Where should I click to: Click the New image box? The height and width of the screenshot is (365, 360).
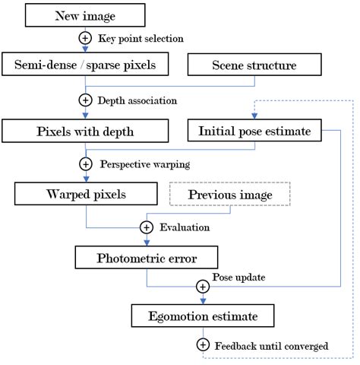[84, 15]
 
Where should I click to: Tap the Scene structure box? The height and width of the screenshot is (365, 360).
[254, 65]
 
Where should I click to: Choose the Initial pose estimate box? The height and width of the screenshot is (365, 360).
[254, 132]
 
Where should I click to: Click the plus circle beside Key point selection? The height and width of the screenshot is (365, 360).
[85, 37]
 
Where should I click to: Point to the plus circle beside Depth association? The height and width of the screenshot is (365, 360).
[85, 100]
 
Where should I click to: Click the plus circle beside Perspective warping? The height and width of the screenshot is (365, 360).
[85, 163]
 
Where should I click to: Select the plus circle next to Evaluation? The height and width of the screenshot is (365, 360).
[147, 227]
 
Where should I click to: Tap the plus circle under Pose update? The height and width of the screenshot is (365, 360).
[202, 287]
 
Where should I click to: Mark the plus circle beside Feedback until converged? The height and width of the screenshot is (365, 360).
[202, 345]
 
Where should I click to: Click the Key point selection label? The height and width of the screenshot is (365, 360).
[141, 38]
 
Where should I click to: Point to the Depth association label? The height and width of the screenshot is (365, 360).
[137, 100]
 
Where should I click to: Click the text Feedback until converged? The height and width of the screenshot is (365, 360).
[271, 346]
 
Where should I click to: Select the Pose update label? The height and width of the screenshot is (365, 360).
[238, 277]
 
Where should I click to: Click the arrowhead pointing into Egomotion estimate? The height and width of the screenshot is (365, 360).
[202, 300]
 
